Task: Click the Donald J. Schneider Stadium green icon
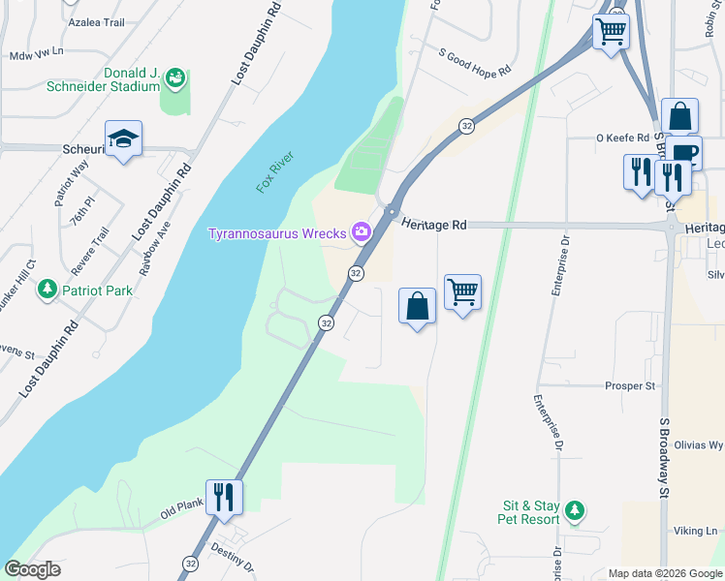[175, 76]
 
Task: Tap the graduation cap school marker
[124, 139]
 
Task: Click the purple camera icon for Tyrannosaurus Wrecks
[362, 231]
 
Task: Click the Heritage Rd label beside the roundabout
[434, 224]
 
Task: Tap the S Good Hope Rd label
[474, 57]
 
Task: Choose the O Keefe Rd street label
[620, 138]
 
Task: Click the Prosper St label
[630, 385]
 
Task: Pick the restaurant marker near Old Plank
[224, 496]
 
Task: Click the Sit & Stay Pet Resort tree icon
[575, 509]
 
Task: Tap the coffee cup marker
[683, 152]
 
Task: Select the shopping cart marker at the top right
[611, 31]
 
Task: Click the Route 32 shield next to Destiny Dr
[190, 563]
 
